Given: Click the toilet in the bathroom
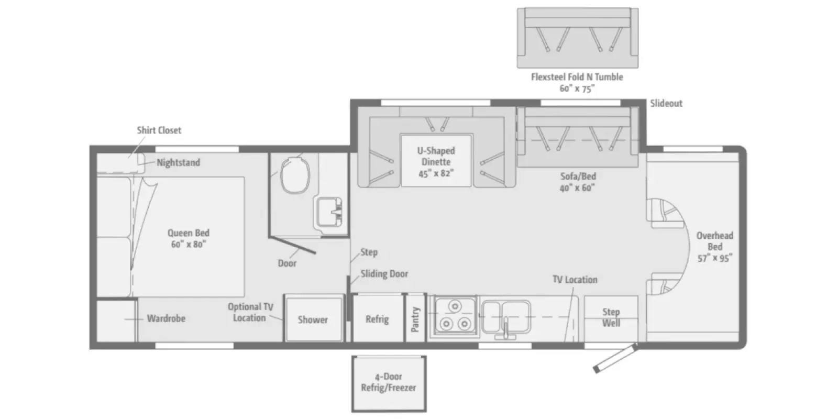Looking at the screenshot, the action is point(295,175).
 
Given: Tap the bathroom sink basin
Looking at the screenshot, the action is point(329,212).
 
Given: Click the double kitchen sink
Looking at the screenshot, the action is point(506,317).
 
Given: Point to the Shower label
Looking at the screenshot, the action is point(313,320).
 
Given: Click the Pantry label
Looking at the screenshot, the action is point(415,319).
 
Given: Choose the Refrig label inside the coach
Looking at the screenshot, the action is point(377,319).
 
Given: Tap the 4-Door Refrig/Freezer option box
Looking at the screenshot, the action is point(389,383).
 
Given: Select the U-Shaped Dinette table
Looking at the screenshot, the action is point(436,160).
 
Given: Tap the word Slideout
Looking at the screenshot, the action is point(666,103).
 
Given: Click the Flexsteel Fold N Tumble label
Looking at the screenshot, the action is point(577,77).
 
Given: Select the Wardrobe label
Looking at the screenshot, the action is point(166,319).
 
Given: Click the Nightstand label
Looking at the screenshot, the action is point(179,163).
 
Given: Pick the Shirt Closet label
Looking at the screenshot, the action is point(159,130).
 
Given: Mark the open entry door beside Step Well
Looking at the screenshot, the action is point(615,358).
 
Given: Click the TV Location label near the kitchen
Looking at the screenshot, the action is point(575,280).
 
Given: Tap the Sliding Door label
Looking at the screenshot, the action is point(384,274).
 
